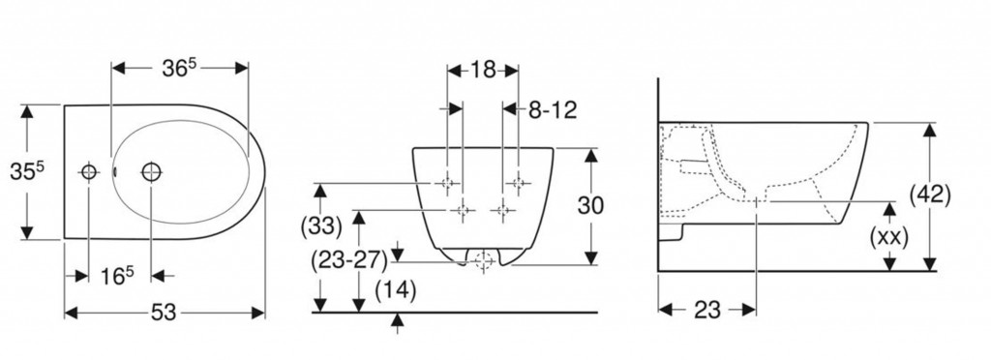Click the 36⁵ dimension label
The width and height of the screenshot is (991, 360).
[178, 68]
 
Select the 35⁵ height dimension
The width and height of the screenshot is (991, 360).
[26, 170]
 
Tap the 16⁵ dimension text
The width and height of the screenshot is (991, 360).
[117, 276]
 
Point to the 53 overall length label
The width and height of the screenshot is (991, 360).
[165, 312]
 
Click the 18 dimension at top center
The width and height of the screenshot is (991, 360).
[482, 70]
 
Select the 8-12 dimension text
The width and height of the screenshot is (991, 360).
[553, 110]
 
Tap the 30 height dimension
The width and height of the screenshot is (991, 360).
[591, 205]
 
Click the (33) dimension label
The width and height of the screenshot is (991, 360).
[320, 225]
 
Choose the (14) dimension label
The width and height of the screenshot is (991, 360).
[396, 290]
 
